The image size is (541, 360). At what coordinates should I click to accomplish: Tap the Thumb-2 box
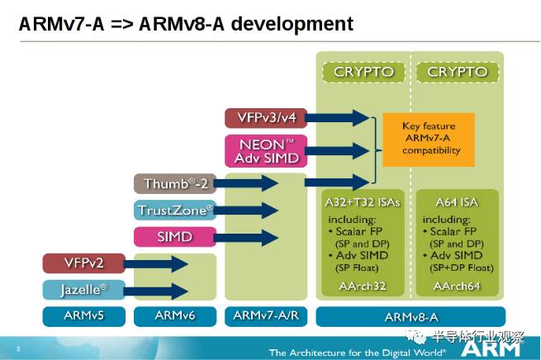click(x=176, y=182)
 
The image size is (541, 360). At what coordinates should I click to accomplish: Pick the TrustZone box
click(x=176, y=210)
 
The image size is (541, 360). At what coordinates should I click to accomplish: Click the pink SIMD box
click(x=176, y=237)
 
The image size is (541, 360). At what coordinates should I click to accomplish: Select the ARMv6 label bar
click(x=175, y=315)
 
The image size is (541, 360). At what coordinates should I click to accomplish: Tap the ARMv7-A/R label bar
click(x=266, y=315)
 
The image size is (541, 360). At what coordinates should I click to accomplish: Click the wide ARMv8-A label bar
click(x=410, y=315)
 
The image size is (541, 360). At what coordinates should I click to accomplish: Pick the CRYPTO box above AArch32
click(x=364, y=72)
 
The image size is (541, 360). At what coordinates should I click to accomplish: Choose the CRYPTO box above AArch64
click(x=457, y=72)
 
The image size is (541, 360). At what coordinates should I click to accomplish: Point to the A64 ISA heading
click(x=457, y=201)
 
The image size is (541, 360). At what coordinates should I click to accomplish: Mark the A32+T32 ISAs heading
click(x=364, y=201)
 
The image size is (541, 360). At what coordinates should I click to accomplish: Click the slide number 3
click(x=18, y=350)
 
